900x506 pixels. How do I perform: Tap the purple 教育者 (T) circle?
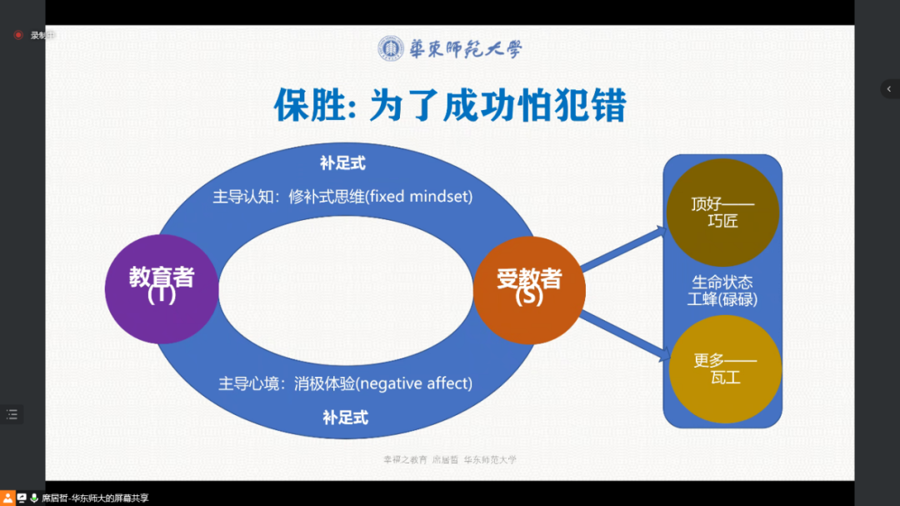[x=161, y=288]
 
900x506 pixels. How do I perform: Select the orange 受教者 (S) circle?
[x=529, y=288]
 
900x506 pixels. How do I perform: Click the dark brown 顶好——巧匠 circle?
[x=722, y=213]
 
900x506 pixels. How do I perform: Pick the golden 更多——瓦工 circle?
[x=724, y=368]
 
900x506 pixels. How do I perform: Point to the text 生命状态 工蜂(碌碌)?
[x=722, y=290]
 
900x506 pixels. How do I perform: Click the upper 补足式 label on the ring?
[x=342, y=163]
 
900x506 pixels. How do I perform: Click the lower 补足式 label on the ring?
[x=345, y=417]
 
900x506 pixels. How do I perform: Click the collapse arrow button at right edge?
[x=889, y=89]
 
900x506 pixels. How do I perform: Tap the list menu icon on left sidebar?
[x=12, y=414]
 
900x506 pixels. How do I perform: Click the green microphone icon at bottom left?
[x=34, y=498]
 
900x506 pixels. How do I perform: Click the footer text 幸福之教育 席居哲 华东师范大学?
[x=449, y=459]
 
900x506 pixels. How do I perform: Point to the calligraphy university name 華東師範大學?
[x=465, y=49]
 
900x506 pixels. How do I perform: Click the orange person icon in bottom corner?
[x=7, y=498]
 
